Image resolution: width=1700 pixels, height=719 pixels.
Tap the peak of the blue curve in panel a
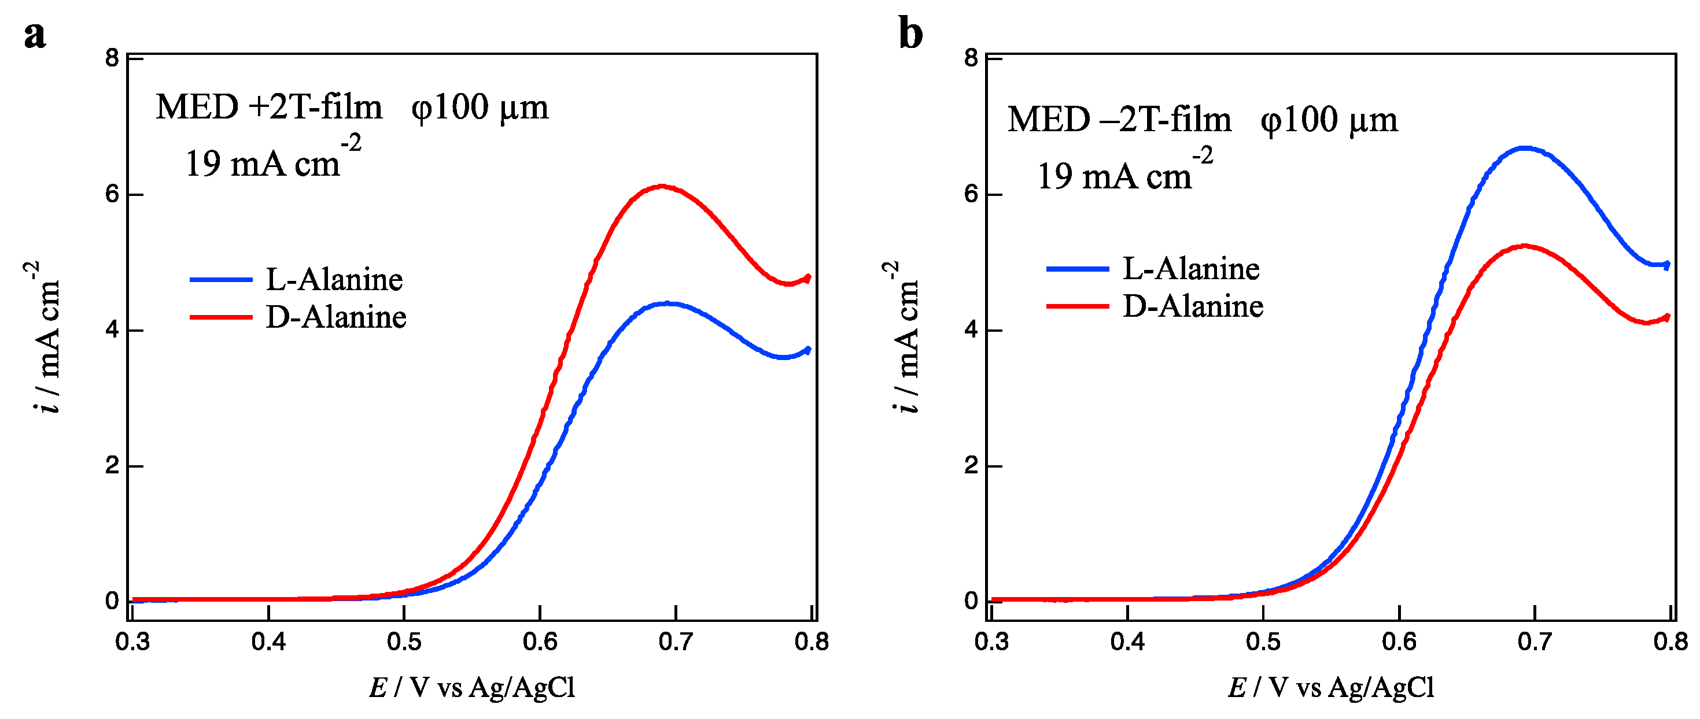[668, 303]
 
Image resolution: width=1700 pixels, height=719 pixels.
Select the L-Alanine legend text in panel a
[334, 280]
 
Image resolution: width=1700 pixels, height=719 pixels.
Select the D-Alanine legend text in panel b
[1193, 306]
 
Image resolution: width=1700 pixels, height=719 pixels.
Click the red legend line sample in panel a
[221, 317]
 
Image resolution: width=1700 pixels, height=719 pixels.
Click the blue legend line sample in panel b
[1078, 269]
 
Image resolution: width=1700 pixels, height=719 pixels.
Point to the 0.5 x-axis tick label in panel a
[404, 641]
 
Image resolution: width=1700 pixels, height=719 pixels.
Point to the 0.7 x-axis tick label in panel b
[1535, 641]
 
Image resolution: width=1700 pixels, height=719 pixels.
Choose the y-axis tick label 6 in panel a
[112, 194]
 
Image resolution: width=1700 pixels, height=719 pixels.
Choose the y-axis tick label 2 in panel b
[971, 466]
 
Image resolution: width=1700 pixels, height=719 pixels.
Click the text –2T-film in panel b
[1166, 120]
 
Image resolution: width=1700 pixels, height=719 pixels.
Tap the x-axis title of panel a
[472, 687]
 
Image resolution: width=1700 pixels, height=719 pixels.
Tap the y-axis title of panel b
[905, 336]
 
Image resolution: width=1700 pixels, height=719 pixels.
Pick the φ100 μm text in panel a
[480, 107]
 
